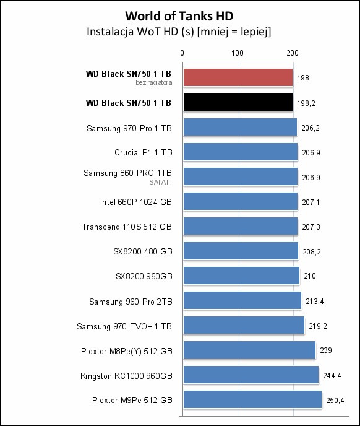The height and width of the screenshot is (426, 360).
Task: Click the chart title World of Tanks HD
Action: point(179,16)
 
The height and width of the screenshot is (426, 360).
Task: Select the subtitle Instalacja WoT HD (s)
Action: point(140,32)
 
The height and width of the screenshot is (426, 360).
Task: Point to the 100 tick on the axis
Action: point(238,53)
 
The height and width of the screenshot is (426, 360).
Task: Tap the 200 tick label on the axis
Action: point(293,53)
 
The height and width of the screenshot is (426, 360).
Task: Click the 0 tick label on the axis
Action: point(182,53)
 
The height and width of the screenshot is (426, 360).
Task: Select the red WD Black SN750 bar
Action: point(238,77)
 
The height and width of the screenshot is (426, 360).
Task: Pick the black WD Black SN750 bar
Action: point(238,102)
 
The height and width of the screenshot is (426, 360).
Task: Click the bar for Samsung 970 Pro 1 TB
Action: point(240,127)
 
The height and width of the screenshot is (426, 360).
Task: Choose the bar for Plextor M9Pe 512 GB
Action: point(252,399)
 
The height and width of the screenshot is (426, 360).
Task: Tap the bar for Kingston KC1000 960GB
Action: point(251,375)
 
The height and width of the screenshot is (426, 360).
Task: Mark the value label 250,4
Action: point(335,400)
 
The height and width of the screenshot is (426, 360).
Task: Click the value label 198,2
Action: point(306,103)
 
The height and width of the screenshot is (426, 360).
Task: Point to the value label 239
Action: point(326,350)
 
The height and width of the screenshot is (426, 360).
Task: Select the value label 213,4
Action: point(315,302)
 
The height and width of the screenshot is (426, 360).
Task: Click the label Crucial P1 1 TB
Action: point(144,152)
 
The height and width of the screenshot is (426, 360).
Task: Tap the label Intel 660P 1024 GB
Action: point(135,202)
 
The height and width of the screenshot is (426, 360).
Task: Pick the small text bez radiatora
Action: point(154,82)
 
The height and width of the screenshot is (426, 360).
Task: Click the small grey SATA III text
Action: point(160,182)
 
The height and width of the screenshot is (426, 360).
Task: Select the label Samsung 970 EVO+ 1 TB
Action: point(124,326)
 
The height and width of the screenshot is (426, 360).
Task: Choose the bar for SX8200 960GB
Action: point(241,276)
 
